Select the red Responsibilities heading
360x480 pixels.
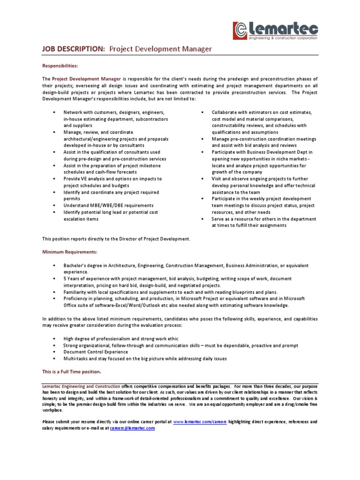tap(60, 66)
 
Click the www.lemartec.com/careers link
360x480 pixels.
tap(200, 409)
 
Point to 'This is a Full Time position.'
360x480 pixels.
tap(71, 372)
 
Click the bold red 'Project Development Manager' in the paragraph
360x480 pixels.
tap(87, 79)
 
